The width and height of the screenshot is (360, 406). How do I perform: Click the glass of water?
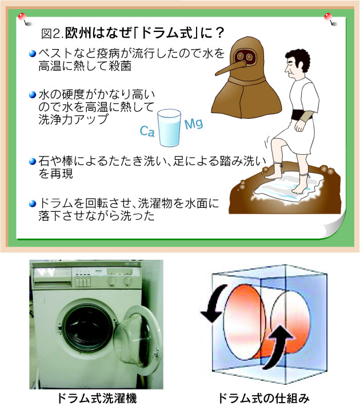pos(169,128)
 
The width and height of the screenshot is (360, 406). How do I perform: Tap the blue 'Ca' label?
pos(147,131)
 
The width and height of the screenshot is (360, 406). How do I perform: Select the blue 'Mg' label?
pos(194,123)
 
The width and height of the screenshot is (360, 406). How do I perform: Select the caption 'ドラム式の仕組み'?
pos(264,399)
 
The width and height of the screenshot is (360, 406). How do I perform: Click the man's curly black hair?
pos(299,59)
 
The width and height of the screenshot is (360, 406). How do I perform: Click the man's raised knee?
pos(274,142)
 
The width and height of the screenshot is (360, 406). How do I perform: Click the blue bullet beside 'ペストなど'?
pos(33,54)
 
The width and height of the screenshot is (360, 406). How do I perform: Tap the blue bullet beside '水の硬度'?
pos(33,95)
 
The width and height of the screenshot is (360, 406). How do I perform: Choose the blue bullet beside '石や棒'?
pos(33,161)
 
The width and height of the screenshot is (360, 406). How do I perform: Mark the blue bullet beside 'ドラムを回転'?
pos(33,204)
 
